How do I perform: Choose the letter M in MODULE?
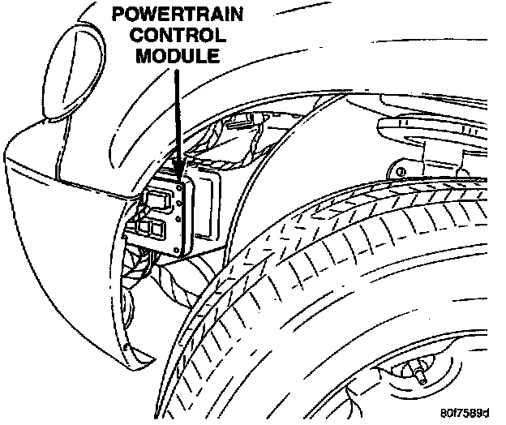[144, 57]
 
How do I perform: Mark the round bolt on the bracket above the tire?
[398, 172]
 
